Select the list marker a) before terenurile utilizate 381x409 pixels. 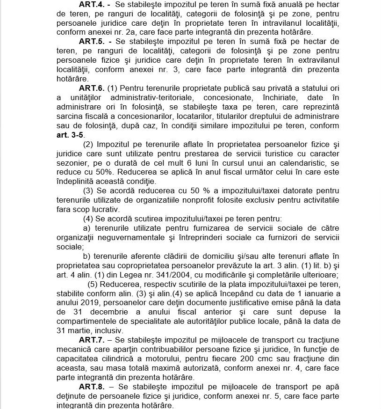(x=86, y=228)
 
